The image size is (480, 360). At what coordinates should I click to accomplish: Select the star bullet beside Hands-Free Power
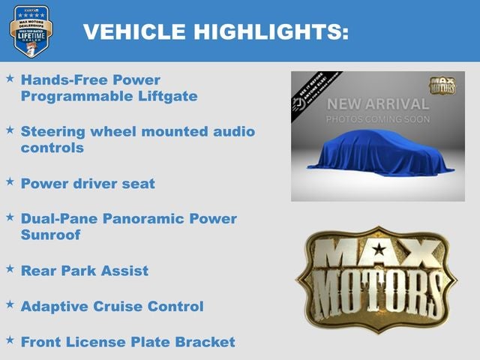pyautogui.click(x=10, y=78)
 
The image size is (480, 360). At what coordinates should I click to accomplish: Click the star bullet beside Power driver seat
pyautogui.click(x=10, y=182)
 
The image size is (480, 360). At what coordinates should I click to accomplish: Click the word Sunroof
pyautogui.click(x=50, y=235)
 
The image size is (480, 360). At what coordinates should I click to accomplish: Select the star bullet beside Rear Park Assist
pyautogui.click(x=10, y=268)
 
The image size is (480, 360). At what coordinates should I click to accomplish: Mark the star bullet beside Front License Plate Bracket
pyautogui.click(x=10, y=340)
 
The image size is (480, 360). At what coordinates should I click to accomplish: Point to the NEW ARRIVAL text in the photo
pyautogui.click(x=377, y=103)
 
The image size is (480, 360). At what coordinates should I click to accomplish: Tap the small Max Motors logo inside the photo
pyautogui.click(x=443, y=85)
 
